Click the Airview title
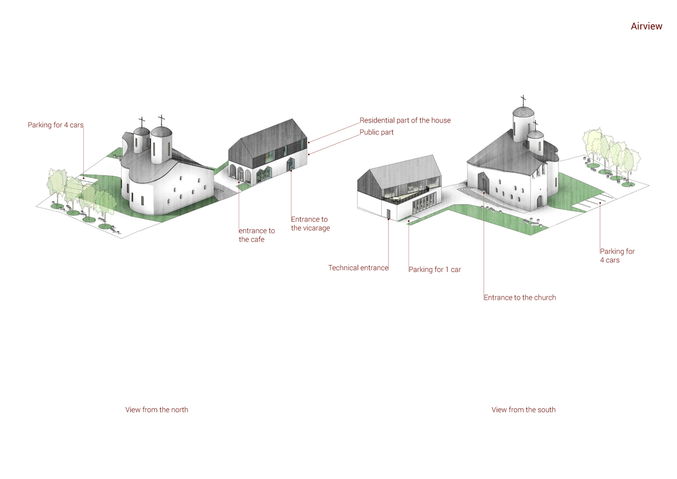point(646,26)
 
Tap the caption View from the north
point(156,410)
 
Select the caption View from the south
point(523,410)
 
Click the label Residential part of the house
point(405,120)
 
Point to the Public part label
point(376,132)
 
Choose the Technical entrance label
point(358,268)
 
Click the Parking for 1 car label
point(434,270)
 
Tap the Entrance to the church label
point(520,297)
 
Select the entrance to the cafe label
point(256,235)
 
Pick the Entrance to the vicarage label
point(310,224)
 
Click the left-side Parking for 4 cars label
point(55,125)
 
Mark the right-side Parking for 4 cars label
point(617,256)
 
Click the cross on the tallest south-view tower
point(523,100)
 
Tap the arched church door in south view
point(483,182)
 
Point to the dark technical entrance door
point(388,213)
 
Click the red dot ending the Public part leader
point(309,154)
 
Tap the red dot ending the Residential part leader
point(309,142)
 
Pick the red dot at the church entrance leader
point(484,193)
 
